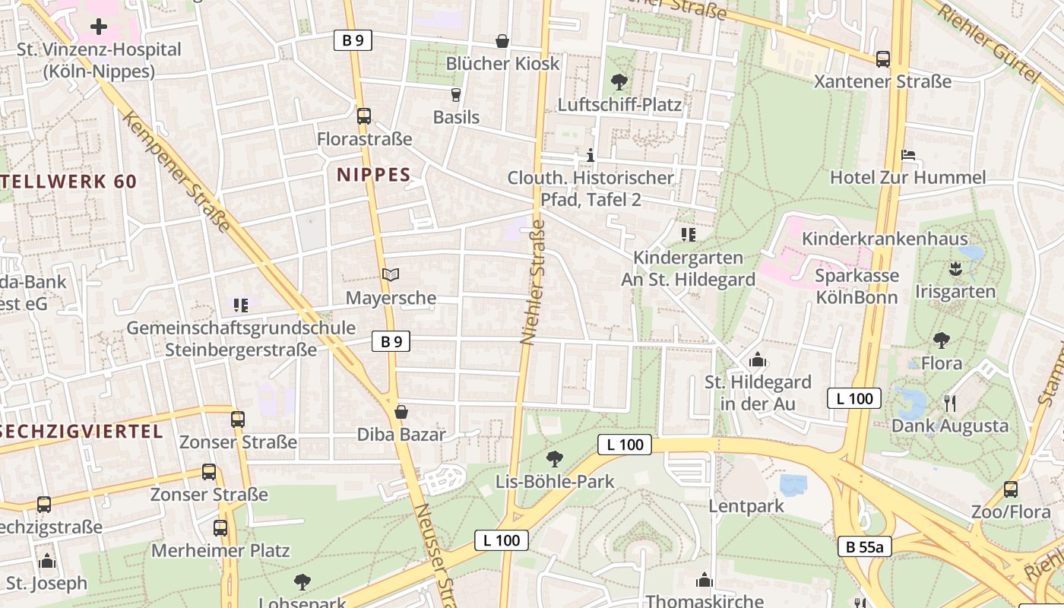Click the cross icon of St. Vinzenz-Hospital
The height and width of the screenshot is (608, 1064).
coord(98,27)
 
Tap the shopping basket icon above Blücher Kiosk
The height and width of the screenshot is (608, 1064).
coord(502,40)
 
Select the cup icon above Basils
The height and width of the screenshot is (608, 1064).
coord(456,94)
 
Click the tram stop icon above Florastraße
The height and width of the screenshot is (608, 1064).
coord(364,116)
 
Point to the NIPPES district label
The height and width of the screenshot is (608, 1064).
coord(374,175)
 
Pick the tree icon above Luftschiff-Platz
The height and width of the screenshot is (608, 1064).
coord(619,81)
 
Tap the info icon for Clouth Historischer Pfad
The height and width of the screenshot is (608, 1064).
coord(591,156)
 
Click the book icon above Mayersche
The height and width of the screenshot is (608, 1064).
coord(391,274)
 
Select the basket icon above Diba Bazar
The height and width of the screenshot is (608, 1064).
coord(401,412)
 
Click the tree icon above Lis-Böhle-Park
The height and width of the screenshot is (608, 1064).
coord(555,458)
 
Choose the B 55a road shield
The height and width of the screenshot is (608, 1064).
coord(865,546)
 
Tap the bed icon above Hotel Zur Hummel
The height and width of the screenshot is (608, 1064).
coord(908,155)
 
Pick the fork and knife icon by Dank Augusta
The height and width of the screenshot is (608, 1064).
coord(949,403)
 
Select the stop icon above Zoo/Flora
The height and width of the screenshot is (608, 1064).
coord(1011,489)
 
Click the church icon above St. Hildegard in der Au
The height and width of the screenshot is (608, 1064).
coord(757,359)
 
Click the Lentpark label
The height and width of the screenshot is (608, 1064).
coord(746,505)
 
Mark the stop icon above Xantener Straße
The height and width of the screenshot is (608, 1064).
coord(883,59)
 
